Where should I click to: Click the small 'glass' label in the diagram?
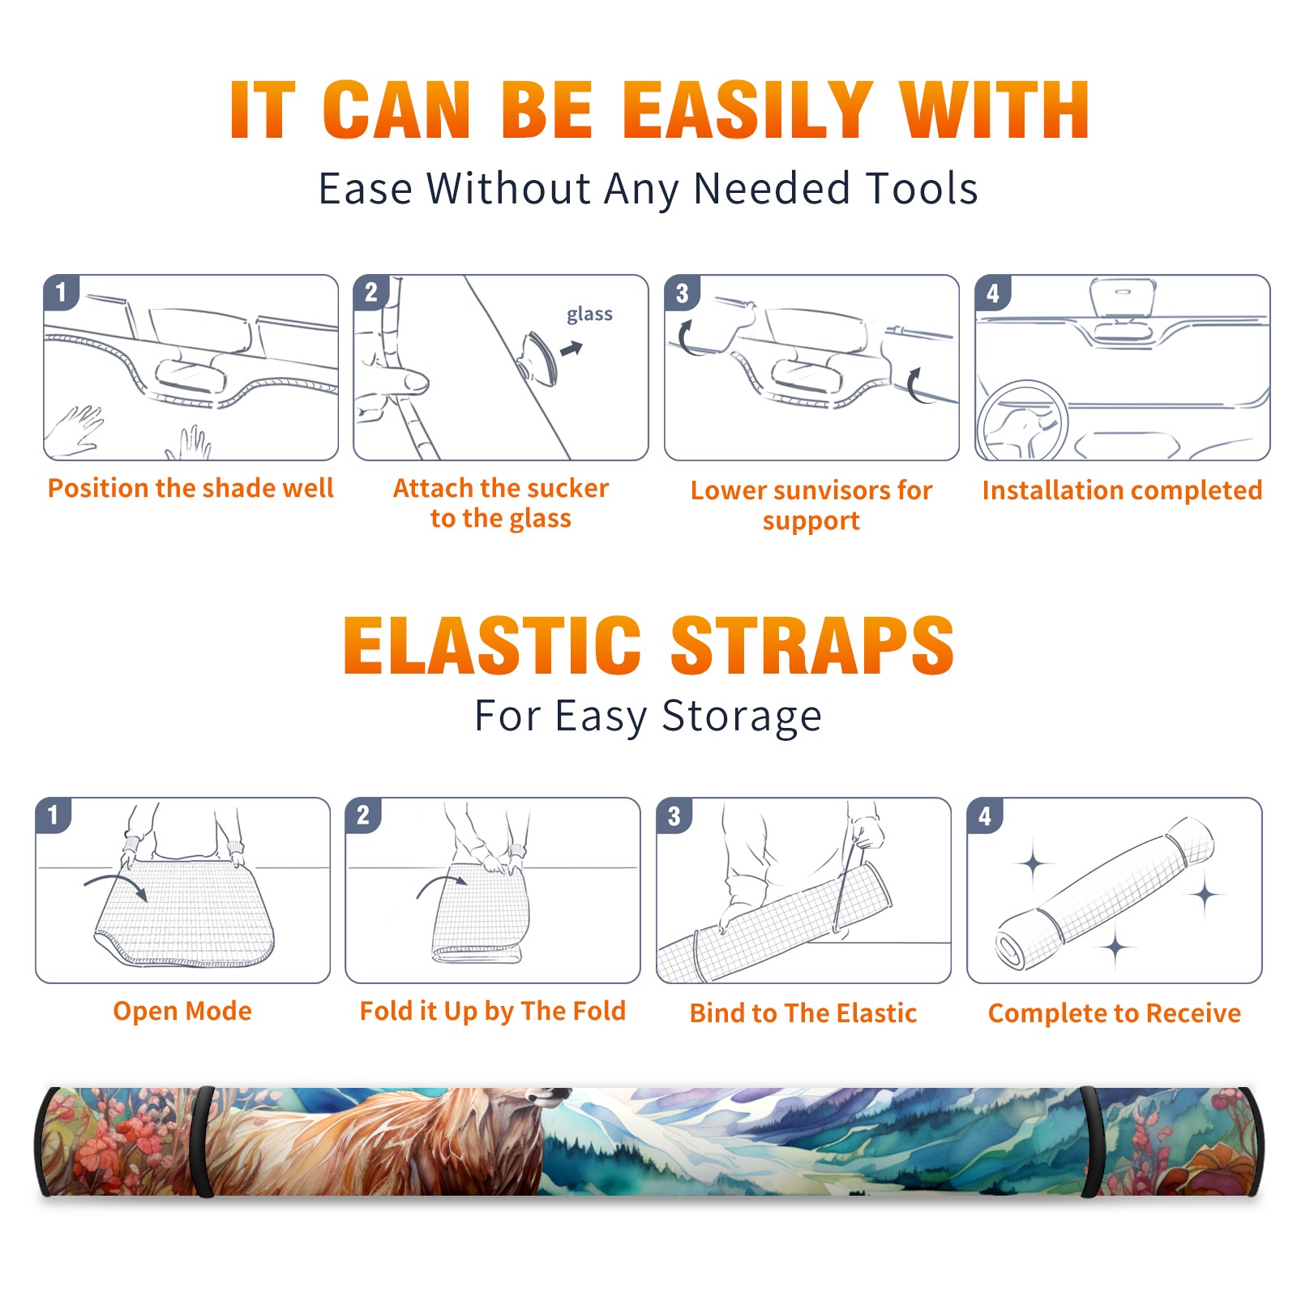[x=589, y=315]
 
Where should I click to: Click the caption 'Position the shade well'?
[x=190, y=488]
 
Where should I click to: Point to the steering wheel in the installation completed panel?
[x=1022, y=421]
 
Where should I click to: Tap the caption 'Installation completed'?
[x=1122, y=490]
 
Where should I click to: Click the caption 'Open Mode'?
[x=182, y=1011]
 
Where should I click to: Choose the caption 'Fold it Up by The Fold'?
[x=493, y=1011]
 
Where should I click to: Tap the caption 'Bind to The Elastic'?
[x=803, y=1013]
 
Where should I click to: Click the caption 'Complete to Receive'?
[x=1115, y=1013]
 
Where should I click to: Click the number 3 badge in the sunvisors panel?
[x=681, y=293]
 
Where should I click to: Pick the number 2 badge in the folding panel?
[x=362, y=815]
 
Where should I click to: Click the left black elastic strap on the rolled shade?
[x=203, y=1141]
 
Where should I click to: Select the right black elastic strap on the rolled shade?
[x=1091, y=1141]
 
